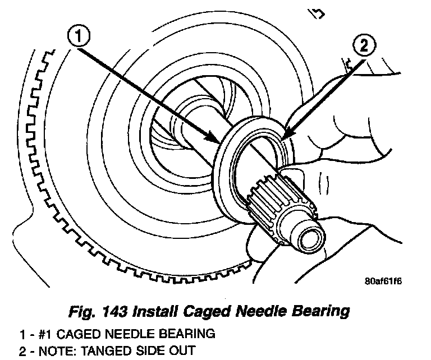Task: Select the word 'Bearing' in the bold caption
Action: [x=326, y=311]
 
